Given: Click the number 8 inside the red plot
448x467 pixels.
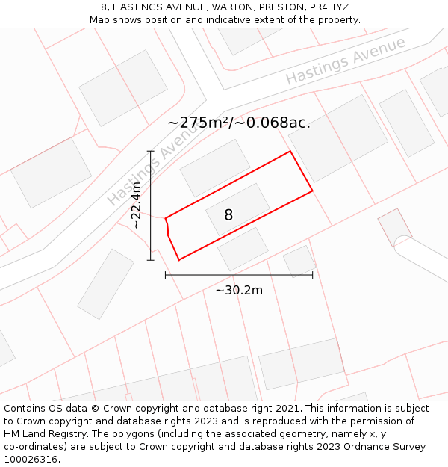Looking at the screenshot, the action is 228,215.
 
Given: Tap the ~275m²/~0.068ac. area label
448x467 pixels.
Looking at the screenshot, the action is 239,123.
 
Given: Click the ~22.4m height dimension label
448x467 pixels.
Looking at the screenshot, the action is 136,205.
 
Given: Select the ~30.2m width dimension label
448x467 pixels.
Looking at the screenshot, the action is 239,290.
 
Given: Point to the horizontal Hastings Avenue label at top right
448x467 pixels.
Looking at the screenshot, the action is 345,60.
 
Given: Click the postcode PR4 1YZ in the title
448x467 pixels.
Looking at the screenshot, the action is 329,7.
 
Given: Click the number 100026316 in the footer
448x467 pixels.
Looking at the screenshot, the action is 32,460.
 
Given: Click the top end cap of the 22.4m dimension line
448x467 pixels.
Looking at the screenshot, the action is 151,152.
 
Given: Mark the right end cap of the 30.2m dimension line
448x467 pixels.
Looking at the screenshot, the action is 312,275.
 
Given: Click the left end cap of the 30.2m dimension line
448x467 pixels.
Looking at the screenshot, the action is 165,275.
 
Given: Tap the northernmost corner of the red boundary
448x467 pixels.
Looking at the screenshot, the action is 290,152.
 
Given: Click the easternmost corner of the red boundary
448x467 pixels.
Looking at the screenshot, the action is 312,191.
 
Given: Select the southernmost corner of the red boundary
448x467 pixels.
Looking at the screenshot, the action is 179,260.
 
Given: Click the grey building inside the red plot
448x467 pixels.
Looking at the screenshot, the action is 238,209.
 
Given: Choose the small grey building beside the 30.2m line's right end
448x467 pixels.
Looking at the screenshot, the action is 299,260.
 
